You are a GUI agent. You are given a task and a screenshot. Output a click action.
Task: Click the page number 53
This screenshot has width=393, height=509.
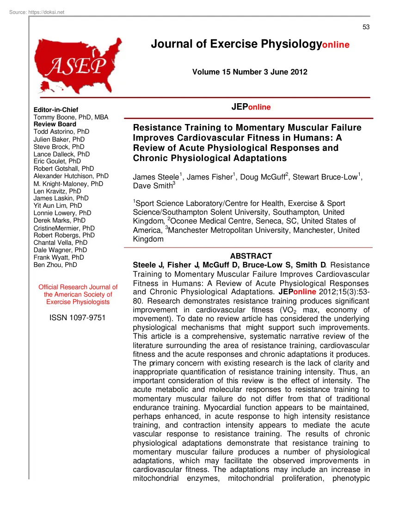tap(366, 27)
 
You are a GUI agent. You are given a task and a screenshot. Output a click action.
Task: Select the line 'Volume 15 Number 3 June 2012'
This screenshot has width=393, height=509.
tap(250, 72)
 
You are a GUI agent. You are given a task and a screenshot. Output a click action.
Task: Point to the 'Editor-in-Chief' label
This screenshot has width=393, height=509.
tap(56, 110)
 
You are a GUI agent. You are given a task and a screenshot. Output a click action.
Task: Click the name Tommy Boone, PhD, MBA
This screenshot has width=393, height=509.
tap(71, 118)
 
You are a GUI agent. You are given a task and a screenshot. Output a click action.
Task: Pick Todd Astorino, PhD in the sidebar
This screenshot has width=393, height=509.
tap(61, 132)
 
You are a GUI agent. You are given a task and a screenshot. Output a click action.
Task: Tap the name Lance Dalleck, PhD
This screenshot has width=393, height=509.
tap(61, 154)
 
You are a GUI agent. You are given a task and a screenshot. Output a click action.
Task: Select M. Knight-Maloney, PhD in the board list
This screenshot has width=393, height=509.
tap(68, 184)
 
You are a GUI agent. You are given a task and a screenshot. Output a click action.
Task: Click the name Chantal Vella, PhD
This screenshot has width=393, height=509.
tap(61, 242)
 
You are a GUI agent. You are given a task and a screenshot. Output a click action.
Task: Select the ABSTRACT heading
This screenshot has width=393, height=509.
tap(251, 256)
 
